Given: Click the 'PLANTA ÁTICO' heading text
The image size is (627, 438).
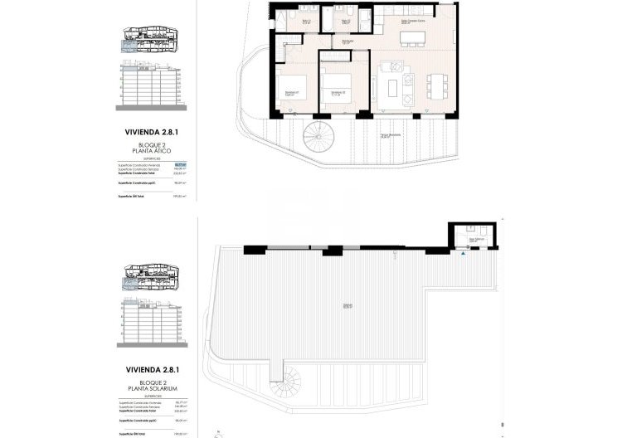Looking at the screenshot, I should [x=150, y=150].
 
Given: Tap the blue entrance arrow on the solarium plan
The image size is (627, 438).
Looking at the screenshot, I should [x=463, y=254].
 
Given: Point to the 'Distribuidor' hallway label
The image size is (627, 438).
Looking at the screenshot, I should [x=349, y=40].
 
